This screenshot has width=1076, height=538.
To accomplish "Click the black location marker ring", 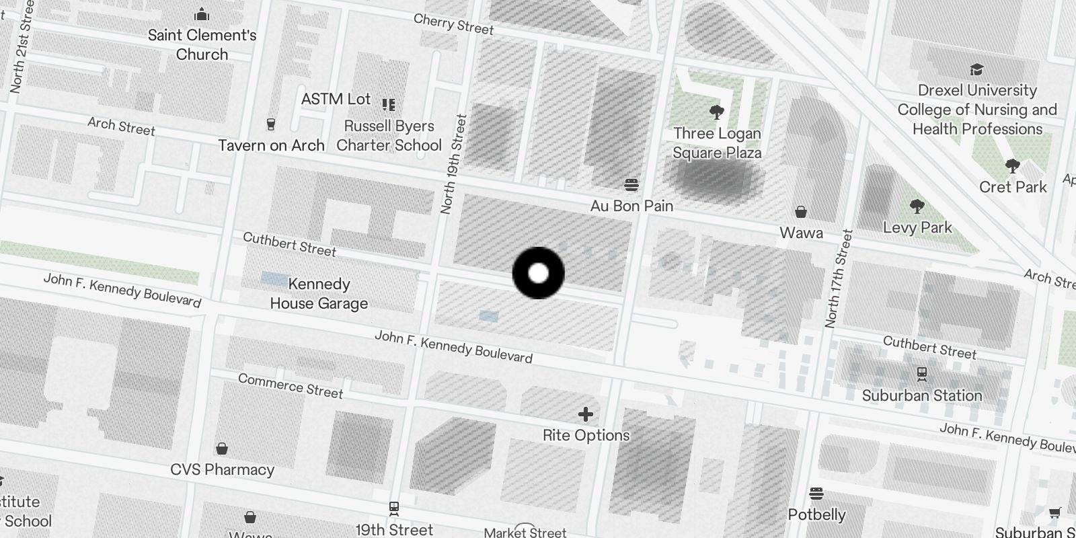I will [x=538, y=273].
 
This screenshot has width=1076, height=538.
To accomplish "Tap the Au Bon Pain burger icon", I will [x=631, y=184].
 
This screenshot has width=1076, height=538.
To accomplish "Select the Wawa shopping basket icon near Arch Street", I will [x=801, y=212].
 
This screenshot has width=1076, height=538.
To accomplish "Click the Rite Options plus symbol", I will [x=586, y=414].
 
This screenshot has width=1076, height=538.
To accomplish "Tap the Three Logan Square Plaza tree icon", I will [x=717, y=112].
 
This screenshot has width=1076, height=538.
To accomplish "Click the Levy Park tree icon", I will [x=917, y=206].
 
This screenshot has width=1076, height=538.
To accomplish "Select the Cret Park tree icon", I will [x=1012, y=165].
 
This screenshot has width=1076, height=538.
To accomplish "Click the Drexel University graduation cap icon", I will [x=977, y=69].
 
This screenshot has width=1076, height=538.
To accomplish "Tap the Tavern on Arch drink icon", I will [x=271, y=124].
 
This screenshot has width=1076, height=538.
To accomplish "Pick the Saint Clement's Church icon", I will [x=201, y=14].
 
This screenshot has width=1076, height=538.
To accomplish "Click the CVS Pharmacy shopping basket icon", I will [x=222, y=449].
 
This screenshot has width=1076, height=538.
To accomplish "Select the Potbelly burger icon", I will [x=816, y=494].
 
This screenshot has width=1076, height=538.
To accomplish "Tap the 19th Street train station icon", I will [x=394, y=508].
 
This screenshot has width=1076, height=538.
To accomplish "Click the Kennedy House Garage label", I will [x=319, y=293].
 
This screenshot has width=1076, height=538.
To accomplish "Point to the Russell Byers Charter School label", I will [x=389, y=135].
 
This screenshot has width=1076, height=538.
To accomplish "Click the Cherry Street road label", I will [x=453, y=24].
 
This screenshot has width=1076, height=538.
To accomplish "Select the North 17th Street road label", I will [x=839, y=278].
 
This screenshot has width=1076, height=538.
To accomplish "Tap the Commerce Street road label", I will [x=291, y=386].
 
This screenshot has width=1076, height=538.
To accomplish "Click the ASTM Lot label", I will [x=336, y=99].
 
